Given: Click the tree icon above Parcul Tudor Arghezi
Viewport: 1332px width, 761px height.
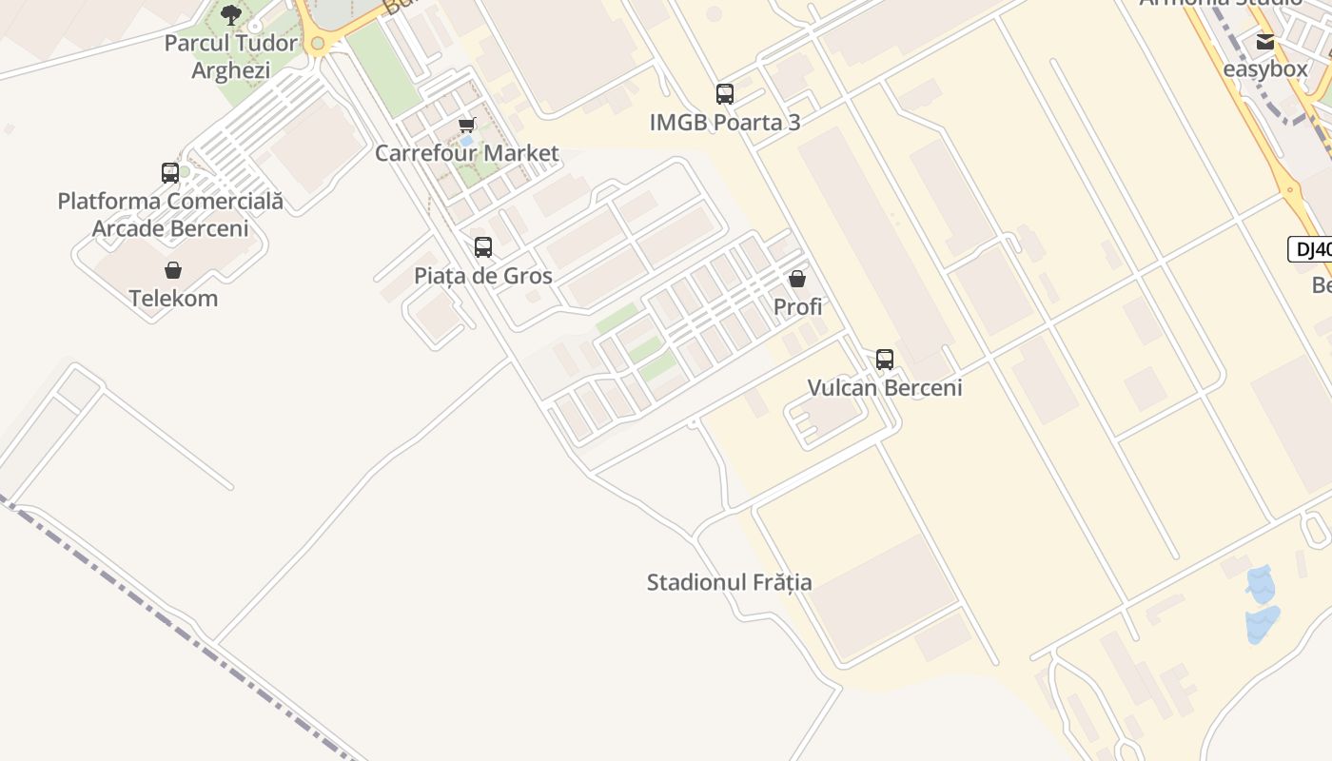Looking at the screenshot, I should click(x=230, y=14).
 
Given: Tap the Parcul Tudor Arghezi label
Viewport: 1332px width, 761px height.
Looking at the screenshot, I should click(x=230, y=57).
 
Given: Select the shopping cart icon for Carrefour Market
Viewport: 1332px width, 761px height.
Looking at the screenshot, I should click(x=467, y=125).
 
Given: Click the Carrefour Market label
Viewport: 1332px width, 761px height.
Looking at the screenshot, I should click(x=467, y=153).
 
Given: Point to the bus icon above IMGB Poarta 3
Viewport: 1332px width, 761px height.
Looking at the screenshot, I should click(x=725, y=94).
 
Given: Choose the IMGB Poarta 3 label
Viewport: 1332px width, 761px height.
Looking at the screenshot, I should click(x=725, y=123).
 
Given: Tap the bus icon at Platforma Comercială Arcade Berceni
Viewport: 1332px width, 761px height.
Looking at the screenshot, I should click(x=170, y=173).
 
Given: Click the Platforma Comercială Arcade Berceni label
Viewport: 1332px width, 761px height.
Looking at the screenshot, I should click(x=170, y=215).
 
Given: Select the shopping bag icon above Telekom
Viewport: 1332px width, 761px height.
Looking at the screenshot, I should click(x=173, y=271).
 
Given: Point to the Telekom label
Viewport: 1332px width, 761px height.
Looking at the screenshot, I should click(x=173, y=299).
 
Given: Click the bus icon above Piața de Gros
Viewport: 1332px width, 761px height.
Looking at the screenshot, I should click(x=483, y=247).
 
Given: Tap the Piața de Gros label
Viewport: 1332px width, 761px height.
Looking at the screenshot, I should click(x=483, y=277).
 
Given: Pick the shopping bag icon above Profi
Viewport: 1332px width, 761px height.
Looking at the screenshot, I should click(x=797, y=279).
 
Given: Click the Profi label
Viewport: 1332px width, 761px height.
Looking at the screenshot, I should click(x=797, y=307).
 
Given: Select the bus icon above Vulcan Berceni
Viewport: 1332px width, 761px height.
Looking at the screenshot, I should click(x=885, y=360).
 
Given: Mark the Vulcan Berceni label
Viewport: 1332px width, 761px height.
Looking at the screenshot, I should click(x=885, y=388).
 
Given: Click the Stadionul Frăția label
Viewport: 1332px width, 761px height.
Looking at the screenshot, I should click(x=730, y=582).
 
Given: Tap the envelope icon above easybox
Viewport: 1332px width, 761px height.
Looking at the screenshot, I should click(x=1265, y=42).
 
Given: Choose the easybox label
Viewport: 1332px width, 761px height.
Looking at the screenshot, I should click(x=1265, y=69).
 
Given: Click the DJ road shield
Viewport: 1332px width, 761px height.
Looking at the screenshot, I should click(x=1311, y=250).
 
